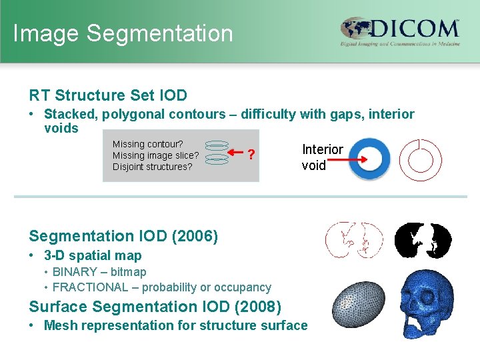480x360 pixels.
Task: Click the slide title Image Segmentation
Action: tap(123, 33)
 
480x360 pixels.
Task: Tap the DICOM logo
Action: tap(400, 32)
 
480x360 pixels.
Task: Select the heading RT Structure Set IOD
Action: tap(108, 95)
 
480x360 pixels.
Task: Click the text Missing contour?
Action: tap(148, 144)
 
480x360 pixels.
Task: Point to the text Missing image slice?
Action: tap(155, 155)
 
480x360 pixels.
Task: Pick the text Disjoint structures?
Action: tap(152, 167)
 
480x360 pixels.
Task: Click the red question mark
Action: tap(251, 155)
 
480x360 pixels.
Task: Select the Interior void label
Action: tap(322, 157)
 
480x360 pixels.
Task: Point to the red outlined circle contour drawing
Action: tap(420, 159)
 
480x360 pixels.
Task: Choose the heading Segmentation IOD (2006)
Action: tap(123, 236)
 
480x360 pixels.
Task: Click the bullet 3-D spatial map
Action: tap(93, 255)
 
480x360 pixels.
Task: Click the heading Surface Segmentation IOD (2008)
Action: tap(155, 307)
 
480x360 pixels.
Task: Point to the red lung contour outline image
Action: tap(353, 240)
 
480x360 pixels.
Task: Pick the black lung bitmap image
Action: tap(423, 240)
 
